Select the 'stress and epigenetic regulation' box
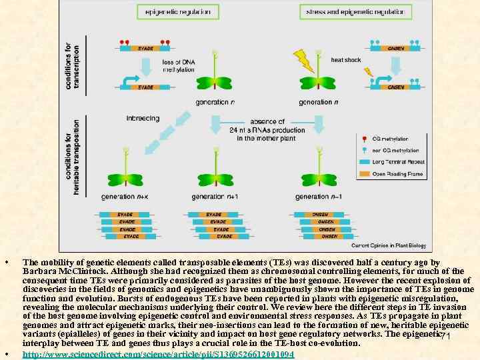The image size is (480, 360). [355, 11]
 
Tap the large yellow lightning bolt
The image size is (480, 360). [304, 61]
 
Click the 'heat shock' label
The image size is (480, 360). [346, 61]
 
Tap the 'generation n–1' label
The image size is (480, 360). [321, 197]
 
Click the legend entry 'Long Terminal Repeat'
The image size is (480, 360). [397, 161]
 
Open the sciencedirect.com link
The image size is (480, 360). [158, 353]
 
